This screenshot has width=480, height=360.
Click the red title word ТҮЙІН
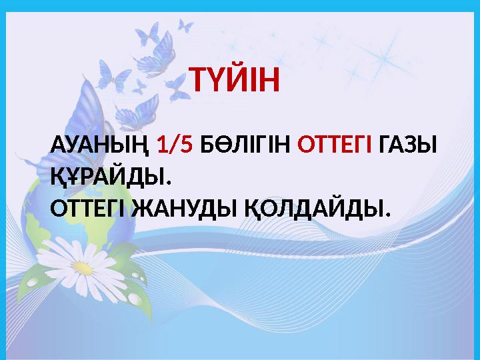click(x=237, y=81)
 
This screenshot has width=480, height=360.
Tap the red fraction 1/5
click(x=175, y=145)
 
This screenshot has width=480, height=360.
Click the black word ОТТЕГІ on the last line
click(x=90, y=209)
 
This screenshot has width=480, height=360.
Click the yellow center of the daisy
click(x=84, y=269)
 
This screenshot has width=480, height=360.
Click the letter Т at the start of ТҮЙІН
click(x=199, y=81)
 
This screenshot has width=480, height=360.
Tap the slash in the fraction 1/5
click(x=175, y=145)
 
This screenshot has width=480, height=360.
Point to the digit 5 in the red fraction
click(x=186, y=145)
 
